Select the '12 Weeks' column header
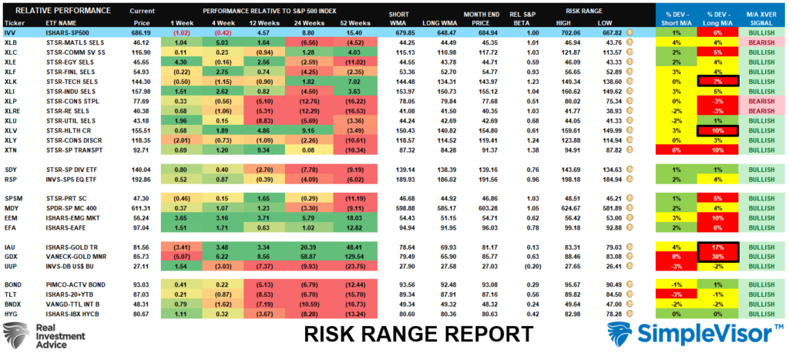click(257, 24)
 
